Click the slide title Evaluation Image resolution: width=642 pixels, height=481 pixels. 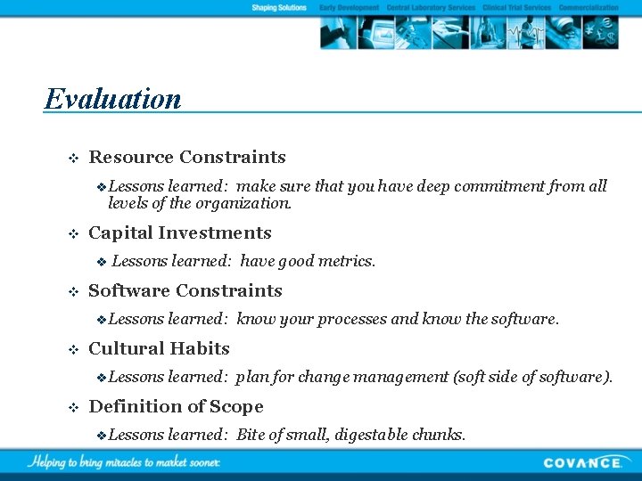point(112,98)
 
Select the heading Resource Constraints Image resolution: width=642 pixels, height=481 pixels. point(187,158)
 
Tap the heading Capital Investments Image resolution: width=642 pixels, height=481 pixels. point(180,233)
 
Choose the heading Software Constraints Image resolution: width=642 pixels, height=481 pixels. point(185,291)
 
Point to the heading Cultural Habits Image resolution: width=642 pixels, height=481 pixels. point(160,349)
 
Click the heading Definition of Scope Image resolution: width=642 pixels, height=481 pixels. point(177,407)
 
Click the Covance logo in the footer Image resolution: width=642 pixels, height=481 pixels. point(582,462)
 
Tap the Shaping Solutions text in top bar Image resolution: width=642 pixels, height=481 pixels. point(278,8)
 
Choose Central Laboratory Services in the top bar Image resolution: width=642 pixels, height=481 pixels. point(431,8)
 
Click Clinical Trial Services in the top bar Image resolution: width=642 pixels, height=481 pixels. point(516,8)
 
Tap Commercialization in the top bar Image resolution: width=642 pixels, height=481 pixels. point(588,8)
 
